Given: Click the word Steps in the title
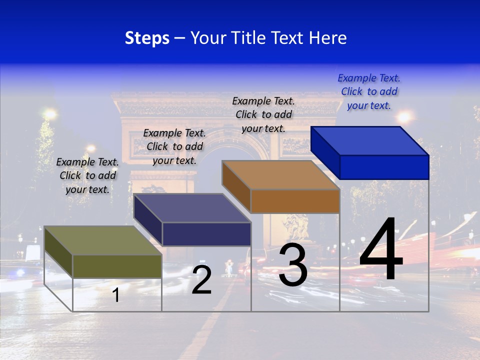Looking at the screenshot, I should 147,38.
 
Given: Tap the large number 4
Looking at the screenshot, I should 381,250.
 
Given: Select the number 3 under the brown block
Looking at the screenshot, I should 293,265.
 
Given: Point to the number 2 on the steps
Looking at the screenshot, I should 201,280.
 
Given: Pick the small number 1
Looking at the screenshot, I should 116,295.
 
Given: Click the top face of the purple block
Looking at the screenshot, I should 192,208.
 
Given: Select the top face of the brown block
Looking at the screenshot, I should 280,175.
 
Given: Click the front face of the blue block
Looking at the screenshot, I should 384,167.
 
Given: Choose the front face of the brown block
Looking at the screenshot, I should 295,201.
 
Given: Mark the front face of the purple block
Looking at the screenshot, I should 206,234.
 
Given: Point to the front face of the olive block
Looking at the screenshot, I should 117,266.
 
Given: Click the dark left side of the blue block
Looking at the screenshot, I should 325,152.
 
